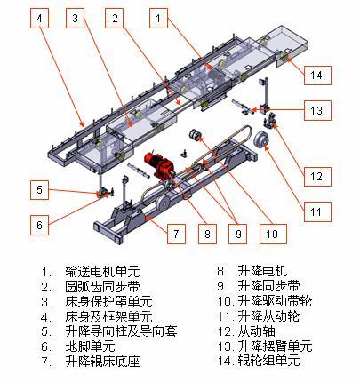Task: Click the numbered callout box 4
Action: (39, 19)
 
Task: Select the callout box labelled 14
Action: (317, 76)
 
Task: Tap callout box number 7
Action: (176, 234)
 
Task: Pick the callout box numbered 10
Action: (273, 234)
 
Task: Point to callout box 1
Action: (158, 19)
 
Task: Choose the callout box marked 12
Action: (317, 177)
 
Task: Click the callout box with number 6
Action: (39, 225)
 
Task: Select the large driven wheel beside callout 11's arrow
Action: (261, 140)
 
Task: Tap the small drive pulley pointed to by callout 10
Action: (196, 135)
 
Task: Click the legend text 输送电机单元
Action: (102, 271)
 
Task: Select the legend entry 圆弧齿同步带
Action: (102, 286)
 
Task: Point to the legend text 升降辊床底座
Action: (102, 361)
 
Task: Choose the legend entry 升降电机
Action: (262, 271)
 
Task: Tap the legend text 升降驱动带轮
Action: (275, 301)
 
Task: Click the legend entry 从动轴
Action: (257, 331)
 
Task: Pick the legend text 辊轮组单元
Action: (269, 361)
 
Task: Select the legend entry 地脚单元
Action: (90, 346)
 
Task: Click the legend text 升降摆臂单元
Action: (275, 346)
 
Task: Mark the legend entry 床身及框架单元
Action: (108, 316)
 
